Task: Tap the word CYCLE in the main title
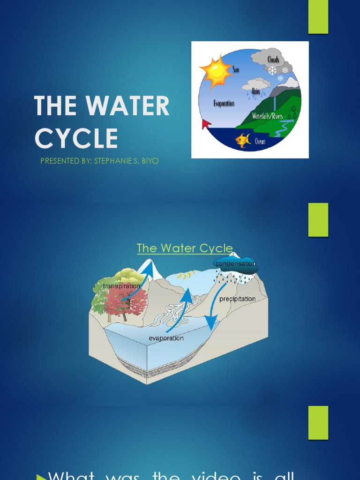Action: pyautogui.click(x=76, y=139)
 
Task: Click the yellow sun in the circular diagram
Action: pyautogui.click(x=216, y=72)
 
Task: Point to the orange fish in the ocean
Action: pyautogui.click(x=243, y=140)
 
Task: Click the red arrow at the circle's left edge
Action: pyautogui.click(x=205, y=124)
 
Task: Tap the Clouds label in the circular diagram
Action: pyautogui.click(x=273, y=60)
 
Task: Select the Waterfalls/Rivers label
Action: pyautogui.click(x=267, y=116)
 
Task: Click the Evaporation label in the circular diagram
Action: pyautogui.click(x=224, y=103)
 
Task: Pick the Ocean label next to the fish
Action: pyautogui.click(x=260, y=141)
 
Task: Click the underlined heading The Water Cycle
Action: pyautogui.click(x=185, y=248)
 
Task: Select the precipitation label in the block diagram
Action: pyautogui.click(x=238, y=299)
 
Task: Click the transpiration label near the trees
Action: pyautogui.click(x=121, y=286)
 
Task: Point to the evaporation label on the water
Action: pyautogui.click(x=166, y=338)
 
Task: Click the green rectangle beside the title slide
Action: pyautogui.click(x=318, y=17)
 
